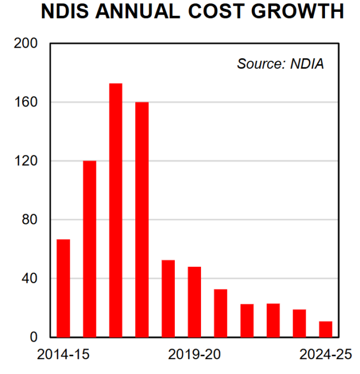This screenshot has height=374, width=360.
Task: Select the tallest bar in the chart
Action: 115,210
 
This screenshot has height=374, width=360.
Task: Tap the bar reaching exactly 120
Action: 89,249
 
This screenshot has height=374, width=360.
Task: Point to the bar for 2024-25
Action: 325,329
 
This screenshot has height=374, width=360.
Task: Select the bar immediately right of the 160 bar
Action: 168,298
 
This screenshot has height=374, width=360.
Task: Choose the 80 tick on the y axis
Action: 31,220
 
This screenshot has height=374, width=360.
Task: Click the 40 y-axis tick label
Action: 31,278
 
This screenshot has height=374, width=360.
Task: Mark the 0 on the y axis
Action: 34,337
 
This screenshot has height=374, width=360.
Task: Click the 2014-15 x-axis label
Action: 63,355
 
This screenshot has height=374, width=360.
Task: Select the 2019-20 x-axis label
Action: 195,355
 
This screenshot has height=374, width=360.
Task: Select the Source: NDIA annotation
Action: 280,63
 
